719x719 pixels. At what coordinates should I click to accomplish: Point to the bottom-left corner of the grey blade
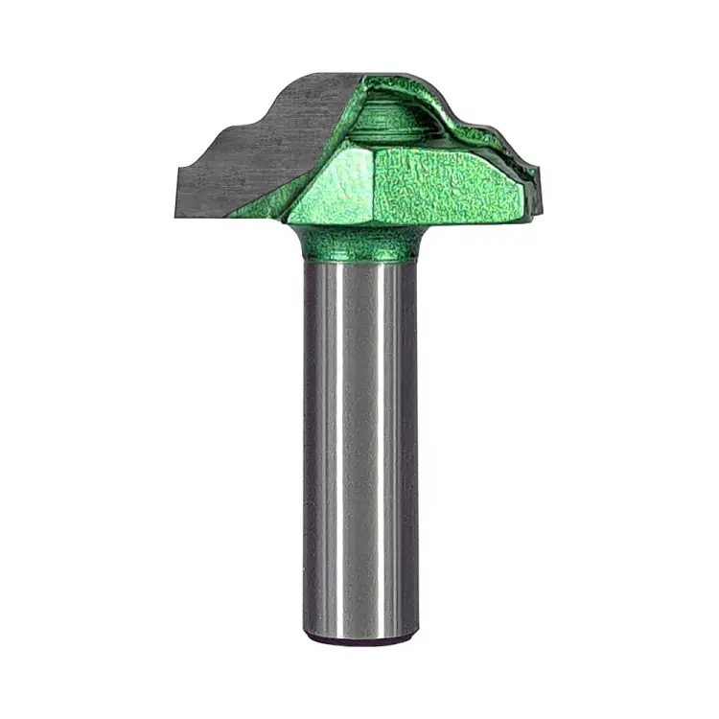[x=179, y=190]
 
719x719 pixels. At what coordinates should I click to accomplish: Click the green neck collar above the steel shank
[x=359, y=244]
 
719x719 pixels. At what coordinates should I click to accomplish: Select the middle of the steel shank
[x=359, y=451]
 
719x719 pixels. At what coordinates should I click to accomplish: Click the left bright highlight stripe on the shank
[x=328, y=451]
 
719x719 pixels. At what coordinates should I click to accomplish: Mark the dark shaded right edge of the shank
[x=410, y=451]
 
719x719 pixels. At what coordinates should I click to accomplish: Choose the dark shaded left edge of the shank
[x=310, y=451]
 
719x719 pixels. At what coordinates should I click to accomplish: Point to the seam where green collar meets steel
[x=359, y=261]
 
